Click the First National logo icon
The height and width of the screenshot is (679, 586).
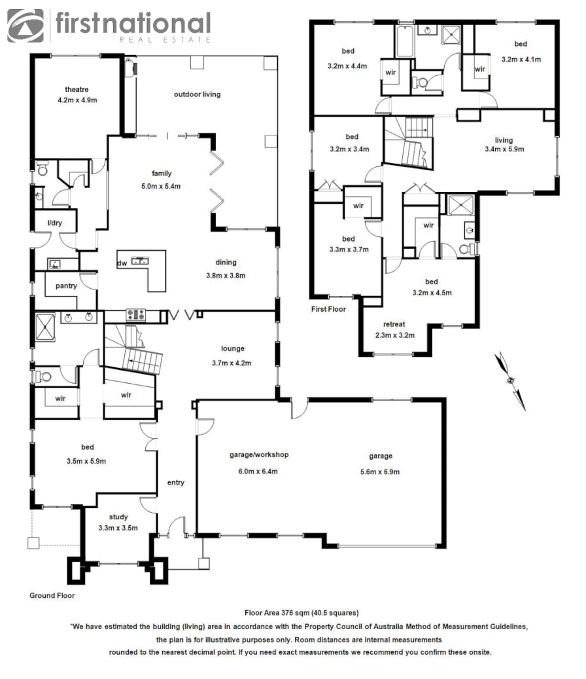(x=26, y=26)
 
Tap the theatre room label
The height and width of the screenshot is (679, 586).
(x=77, y=89)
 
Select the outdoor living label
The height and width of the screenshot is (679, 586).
(x=197, y=94)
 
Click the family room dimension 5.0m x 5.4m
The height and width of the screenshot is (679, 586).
(x=162, y=186)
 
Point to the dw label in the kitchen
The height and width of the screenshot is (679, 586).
(x=122, y=263)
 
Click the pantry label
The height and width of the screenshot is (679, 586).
(x=66, y=285)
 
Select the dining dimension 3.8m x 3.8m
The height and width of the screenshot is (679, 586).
(x=226, y=275)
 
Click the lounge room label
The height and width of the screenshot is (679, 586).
(x=232, y=349)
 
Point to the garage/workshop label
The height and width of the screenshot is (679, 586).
(x=259, y=454)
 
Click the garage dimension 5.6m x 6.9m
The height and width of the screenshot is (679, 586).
(x=380, y=471)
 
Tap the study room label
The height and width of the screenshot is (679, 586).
(x=118, y=517)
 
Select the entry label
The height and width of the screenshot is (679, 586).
(x=175, y=483)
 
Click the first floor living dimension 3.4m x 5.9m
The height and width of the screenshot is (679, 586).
(x=504, y=149)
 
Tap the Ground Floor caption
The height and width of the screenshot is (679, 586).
(x=52, y=596)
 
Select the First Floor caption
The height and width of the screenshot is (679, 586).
(x=329, y=309)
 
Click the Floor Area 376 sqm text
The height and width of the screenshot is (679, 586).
(x=301, y=613)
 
